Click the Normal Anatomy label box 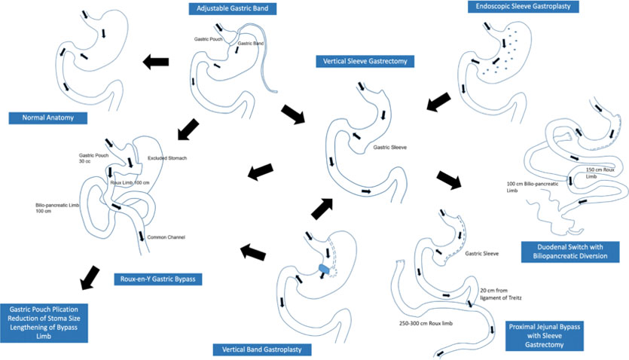coord(47,117)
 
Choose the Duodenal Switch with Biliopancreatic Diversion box coord(569,252)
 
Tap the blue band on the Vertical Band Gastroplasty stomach coord(324,267)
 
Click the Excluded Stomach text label coord(167,157)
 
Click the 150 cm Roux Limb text coord(600,172)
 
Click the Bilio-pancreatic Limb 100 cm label coord(54,208)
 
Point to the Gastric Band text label coord(249,44)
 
